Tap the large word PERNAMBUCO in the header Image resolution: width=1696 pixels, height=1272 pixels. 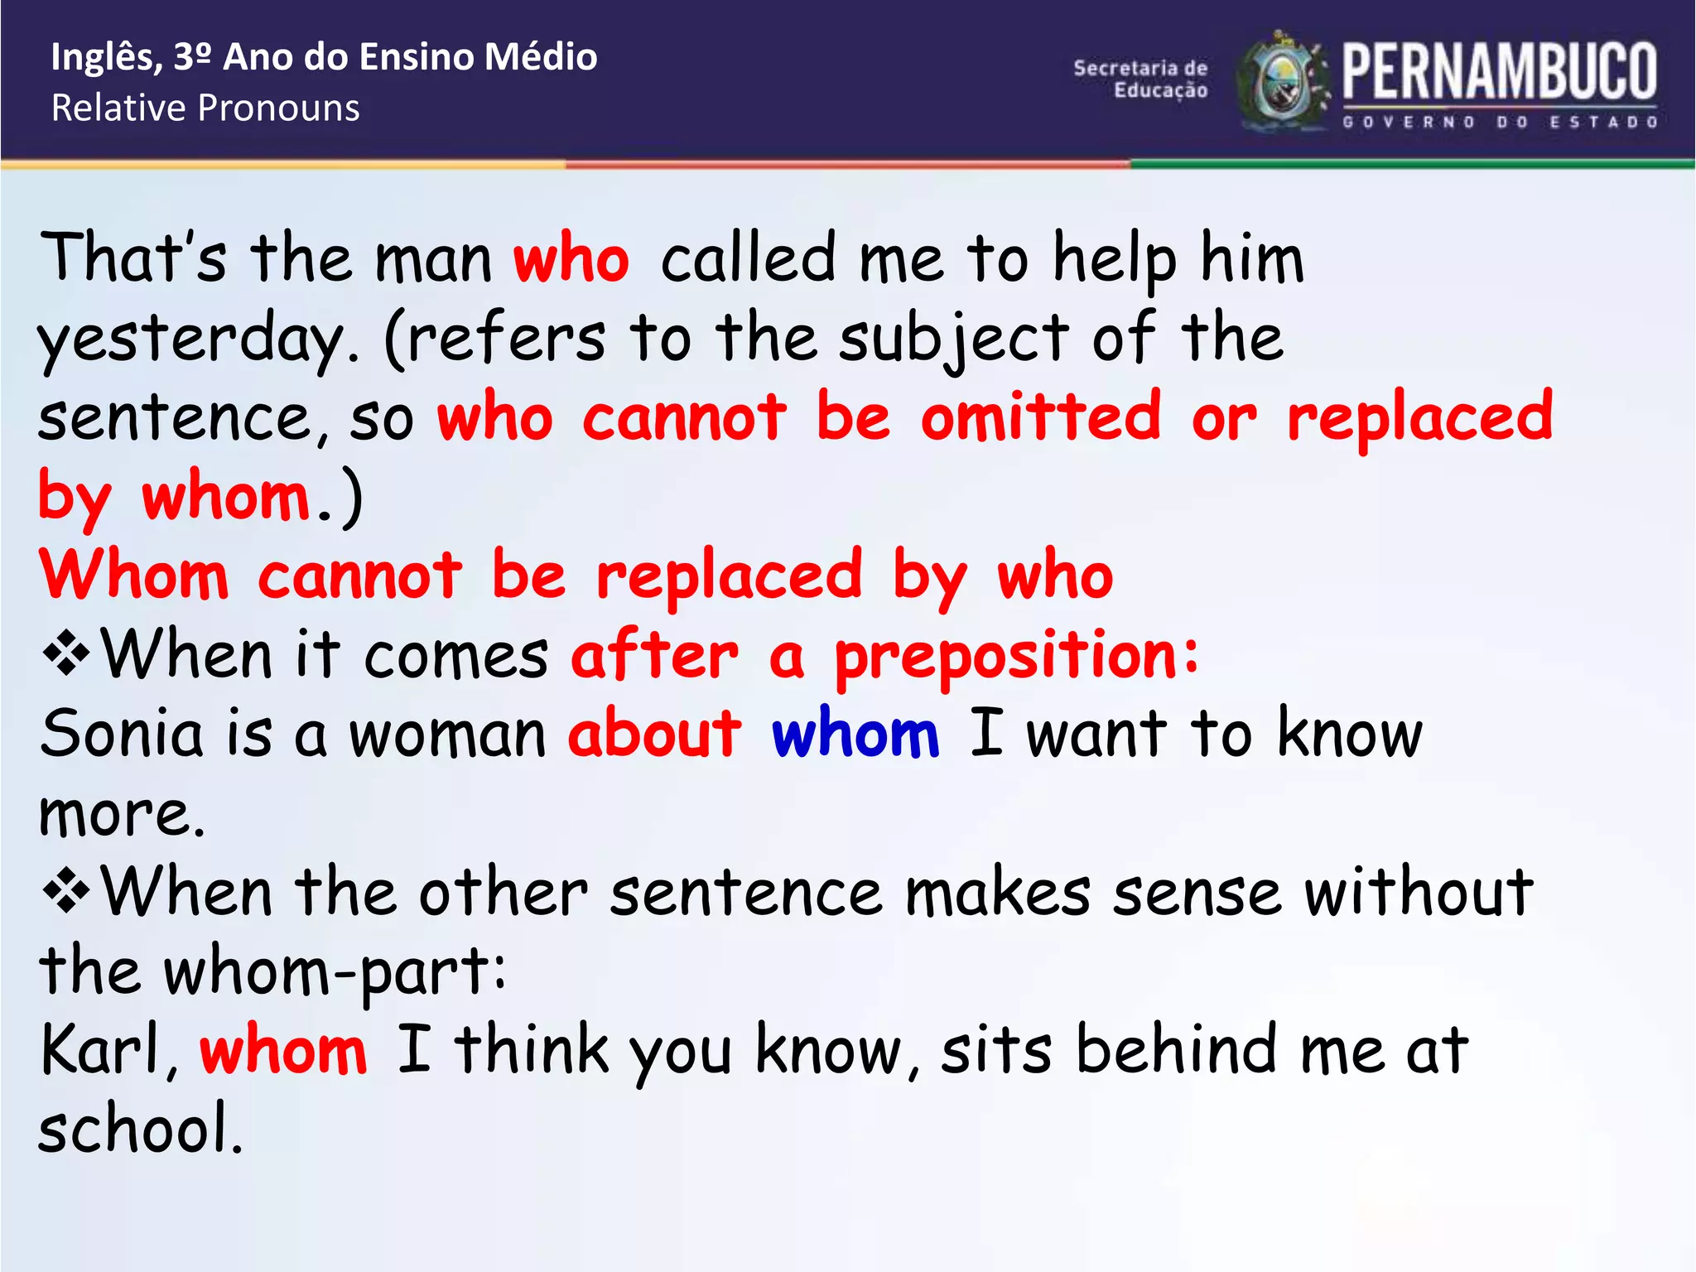1499,72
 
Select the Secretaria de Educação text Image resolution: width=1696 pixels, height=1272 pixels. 1140,79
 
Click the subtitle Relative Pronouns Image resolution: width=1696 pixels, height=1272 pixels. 205,108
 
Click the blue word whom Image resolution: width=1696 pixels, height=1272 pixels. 855,734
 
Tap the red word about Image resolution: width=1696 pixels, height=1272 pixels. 654,734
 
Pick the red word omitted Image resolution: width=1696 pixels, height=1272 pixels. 1041,417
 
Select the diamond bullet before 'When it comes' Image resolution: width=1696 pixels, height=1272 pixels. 66,654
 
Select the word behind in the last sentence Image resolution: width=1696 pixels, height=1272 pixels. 1177,1050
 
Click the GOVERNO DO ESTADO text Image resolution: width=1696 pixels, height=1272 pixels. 1500,123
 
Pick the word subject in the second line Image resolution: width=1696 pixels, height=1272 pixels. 953,339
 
